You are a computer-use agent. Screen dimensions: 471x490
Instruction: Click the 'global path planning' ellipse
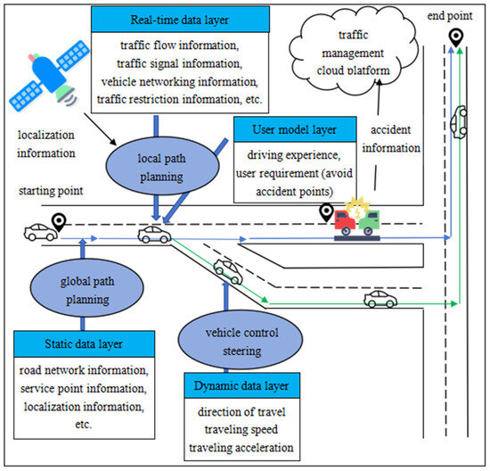coord(81,293)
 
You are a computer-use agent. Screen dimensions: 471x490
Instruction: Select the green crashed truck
coord(367,220)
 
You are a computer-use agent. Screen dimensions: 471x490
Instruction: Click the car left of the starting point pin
coord(38,233)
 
